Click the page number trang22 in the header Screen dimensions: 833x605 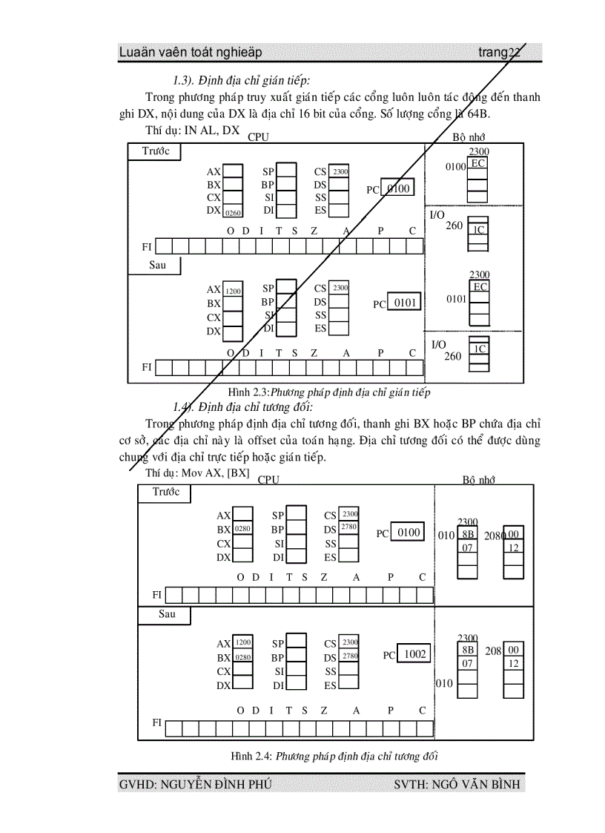point(499,52)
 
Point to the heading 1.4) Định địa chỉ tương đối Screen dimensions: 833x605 point(242,406)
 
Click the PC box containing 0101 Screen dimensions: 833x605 point(405,303)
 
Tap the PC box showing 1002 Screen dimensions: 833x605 point(414,654)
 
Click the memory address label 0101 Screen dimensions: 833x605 point(456,299)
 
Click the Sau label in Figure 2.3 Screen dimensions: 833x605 point(157,266)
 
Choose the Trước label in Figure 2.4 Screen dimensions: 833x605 point(166,493)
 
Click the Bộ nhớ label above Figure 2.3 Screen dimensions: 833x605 point(469,137)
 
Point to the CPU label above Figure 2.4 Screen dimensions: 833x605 point(268,479)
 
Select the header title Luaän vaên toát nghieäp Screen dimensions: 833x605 point(190,52)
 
